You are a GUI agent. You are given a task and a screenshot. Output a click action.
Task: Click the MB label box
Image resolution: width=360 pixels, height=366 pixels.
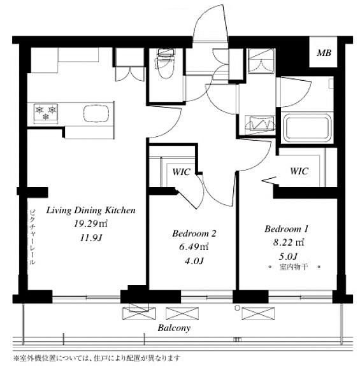[x=323, y=52]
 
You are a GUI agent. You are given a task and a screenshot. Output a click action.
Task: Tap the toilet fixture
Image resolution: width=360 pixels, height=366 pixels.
[x=166, y=63]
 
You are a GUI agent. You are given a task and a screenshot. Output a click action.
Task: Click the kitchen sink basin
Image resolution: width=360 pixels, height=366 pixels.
[x=96, y=114]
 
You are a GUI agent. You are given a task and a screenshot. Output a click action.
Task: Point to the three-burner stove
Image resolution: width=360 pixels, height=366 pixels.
[x=46, y=113]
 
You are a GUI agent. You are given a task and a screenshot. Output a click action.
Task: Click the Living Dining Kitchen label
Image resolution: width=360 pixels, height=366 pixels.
[x=91, y=210]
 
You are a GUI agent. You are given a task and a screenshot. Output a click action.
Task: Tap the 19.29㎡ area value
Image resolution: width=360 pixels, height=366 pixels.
[x=90, y=224]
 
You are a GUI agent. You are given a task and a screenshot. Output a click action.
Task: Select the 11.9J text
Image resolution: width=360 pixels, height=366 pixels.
[x=91, y=238]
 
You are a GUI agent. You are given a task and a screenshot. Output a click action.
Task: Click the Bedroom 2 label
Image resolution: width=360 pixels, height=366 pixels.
[x=194, y=234]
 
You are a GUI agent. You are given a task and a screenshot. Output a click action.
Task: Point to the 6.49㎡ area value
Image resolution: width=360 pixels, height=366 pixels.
[x=194, y=247]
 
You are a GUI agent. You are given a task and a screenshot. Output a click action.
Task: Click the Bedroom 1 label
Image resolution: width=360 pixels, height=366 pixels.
[x=287, y=229]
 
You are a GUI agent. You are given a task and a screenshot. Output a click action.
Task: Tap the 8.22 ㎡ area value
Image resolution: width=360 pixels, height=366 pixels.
[x=289, y=243]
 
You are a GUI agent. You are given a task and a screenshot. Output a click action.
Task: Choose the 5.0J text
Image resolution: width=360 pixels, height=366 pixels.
[x=288, y=257]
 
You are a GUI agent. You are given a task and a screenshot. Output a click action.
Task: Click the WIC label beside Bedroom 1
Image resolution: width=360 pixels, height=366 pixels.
[x=299, y=171]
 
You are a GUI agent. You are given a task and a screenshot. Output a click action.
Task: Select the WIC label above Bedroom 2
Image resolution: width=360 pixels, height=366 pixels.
[x=182, y=172]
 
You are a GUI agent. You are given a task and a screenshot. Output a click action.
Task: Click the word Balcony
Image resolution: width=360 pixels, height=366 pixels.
[x=174, y=328]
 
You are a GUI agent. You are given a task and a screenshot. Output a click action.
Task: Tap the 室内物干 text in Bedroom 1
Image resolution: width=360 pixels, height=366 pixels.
[x=293, y=266]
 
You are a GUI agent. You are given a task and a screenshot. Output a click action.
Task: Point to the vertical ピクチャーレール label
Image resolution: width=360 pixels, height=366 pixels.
[x=32, y=237]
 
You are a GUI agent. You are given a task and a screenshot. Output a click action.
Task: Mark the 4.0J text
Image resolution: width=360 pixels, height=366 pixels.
[x=194, y=261]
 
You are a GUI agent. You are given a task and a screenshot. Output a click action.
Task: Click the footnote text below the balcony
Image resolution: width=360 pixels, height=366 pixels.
[x=97, y=358]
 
